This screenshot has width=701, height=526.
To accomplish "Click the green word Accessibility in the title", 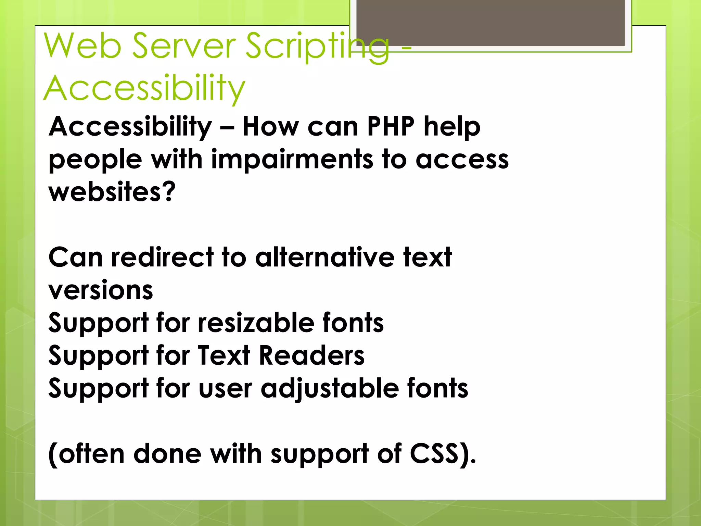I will (x=144, y=88).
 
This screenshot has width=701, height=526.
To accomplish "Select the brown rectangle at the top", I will (x=490, y=23).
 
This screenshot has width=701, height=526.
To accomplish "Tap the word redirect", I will (x=162, y=258).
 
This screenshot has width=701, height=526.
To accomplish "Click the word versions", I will (x=101, y=290).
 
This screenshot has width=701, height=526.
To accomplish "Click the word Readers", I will (x=311, y=355).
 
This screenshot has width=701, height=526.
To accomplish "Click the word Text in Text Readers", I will (x=224, y=355).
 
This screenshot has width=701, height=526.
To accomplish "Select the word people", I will (x=95, y=160).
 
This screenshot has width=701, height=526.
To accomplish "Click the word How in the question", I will (x=271, y=127).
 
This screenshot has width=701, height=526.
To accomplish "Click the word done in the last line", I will (x=167, y=454).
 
